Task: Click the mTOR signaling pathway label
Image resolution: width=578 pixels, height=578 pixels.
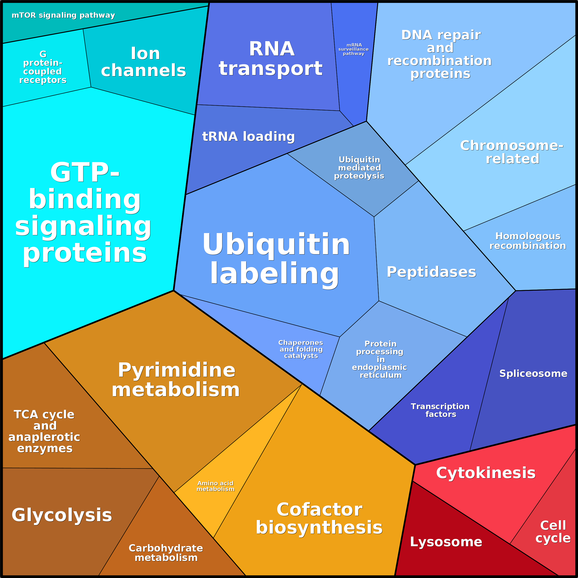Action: [x=63, y=15]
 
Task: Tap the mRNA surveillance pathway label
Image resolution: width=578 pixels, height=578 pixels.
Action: [x=353, y=49]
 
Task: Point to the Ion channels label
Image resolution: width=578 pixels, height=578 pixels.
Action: [x=144, y=62]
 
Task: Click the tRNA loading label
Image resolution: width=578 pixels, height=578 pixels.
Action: [x=248, y=136]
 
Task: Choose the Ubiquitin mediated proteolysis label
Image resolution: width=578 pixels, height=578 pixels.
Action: [x=359, y=168]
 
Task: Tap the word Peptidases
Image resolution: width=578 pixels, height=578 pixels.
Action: [x=431, y=272]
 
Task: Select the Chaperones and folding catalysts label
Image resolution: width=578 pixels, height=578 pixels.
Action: [x=301, y=349]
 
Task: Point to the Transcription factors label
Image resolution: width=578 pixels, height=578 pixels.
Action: [x=440, y=410]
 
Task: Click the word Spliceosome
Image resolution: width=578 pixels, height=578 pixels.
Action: [x=533, y=373]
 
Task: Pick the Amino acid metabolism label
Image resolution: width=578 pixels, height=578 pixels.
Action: [x=215, y=486]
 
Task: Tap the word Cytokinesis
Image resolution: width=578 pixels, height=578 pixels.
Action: [x=486, y=473]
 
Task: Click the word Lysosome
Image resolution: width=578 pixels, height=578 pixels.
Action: [x=446, y=542]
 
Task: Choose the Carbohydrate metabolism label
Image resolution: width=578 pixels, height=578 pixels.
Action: [x=166, y=553]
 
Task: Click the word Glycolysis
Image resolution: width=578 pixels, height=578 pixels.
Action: [x=62, y=515]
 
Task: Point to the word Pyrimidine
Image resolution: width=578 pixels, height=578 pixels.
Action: [x=176, y=370]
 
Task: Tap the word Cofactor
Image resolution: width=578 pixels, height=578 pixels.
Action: [x=319, y=509]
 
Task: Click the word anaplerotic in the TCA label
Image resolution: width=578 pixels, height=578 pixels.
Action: [x=44, y=437]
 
